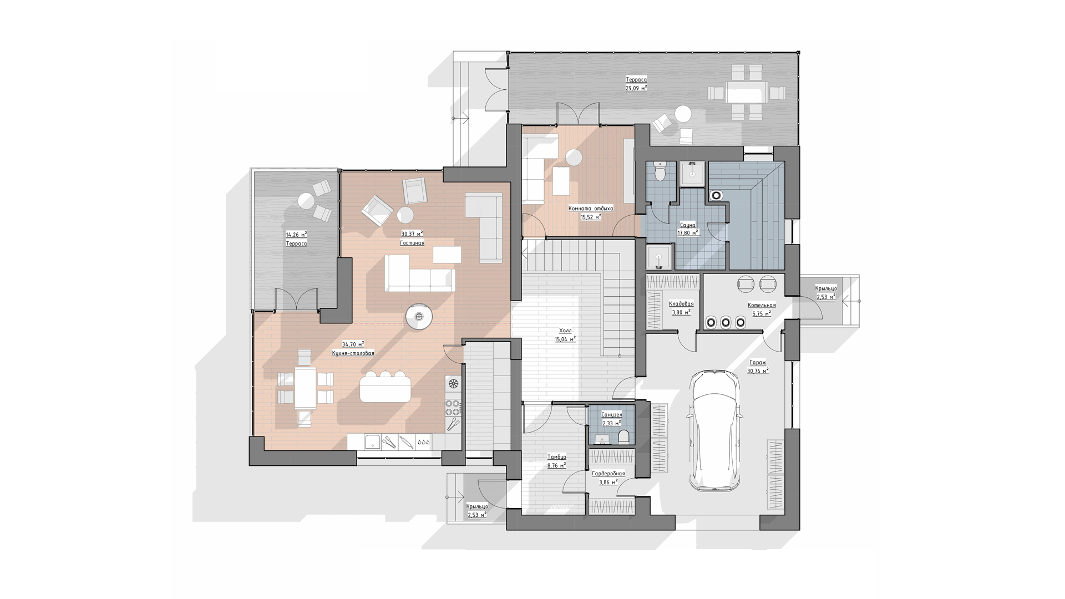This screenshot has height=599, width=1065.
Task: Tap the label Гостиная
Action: click(412, 243)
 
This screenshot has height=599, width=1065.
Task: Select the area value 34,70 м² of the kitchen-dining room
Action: click(353, 344)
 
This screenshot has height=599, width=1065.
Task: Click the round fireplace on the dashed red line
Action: click(419, 317)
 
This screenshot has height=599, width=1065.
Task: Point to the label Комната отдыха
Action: click(591, 209)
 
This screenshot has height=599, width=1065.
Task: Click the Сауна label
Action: click(688, 225)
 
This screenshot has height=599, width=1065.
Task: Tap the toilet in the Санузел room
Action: click(623, 436)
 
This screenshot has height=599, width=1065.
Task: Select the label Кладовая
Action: click(681, 304)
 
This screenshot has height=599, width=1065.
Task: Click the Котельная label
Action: click(762, 305)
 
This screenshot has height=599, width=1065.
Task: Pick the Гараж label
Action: click(757, 363)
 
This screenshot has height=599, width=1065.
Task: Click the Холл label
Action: click(565, 331)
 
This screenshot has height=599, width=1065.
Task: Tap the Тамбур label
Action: click(556, 458)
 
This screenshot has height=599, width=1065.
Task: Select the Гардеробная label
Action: click(608, 474)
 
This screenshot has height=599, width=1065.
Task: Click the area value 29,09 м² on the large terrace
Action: click(636, 88)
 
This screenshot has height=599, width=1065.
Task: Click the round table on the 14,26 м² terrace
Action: click(306, 200)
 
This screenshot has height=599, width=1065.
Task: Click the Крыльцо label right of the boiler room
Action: click(826, 288)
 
